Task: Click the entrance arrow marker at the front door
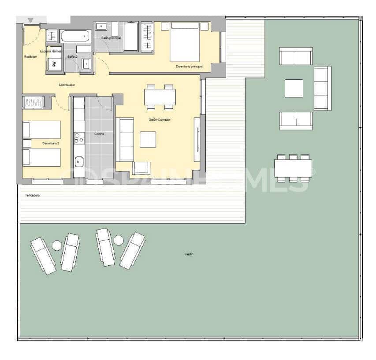coord(30,20)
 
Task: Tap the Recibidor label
coord(30,57)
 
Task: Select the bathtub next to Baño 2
coord(75,36)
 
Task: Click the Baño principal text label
coord(111,38)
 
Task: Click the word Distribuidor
coord(67,85)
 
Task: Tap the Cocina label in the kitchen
coord(99,134)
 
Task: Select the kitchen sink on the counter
coord(79,162)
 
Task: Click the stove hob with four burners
coord(79,139)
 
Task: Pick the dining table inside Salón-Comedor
coord(160,97)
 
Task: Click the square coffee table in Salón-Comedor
coord(148,140)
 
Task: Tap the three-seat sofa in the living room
coord(125,139)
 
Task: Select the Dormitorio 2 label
coord(51,144)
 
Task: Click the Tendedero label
coord(33,195)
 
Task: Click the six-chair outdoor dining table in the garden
coord(293,168)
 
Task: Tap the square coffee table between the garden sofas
coord(294,88)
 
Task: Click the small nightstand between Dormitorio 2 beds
coord(27,144)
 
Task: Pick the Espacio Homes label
coord(51,51)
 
